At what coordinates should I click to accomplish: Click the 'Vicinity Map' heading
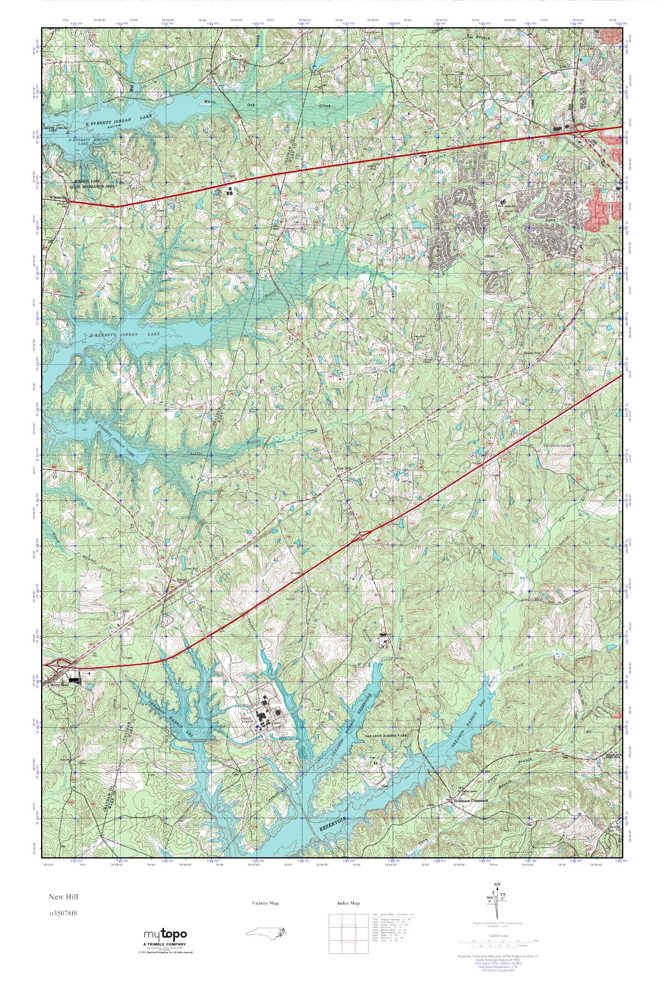(266, 903)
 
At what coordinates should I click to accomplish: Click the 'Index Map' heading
(348, 903)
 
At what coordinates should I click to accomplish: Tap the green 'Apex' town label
(550, 221)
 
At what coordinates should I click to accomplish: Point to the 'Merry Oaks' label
(59, 684)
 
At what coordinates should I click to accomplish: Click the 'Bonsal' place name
(181, 580)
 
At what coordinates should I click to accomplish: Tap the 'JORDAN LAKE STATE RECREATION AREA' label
(92, 183)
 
